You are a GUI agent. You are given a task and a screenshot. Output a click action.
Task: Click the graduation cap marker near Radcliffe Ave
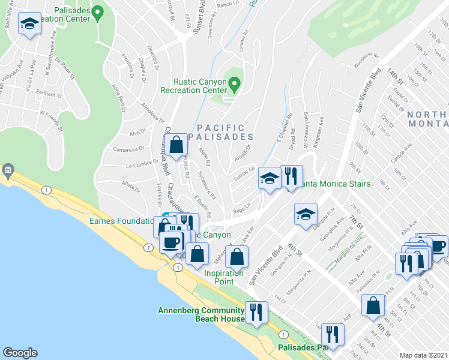(x=29, y=24)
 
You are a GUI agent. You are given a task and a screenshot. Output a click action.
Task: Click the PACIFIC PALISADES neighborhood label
(x=221, y=132)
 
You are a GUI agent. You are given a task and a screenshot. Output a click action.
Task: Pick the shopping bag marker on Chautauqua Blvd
(x=176, y=145)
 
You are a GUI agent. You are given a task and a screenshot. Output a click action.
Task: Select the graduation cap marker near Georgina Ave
(x=306, y=214)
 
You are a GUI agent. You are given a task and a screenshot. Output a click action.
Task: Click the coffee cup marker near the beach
(x=172, y=243)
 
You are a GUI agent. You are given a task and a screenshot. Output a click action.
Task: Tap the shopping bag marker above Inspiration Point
(x=238, y=256)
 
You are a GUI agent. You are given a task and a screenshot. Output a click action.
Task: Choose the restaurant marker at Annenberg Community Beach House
(x=256, y=311)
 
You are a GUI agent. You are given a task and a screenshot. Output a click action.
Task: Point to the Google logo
(x=20, y=352)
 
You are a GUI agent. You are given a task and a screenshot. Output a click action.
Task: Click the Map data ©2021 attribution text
(x=423, y=355)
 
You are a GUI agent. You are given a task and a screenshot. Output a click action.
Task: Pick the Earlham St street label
(x=49, y=95)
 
